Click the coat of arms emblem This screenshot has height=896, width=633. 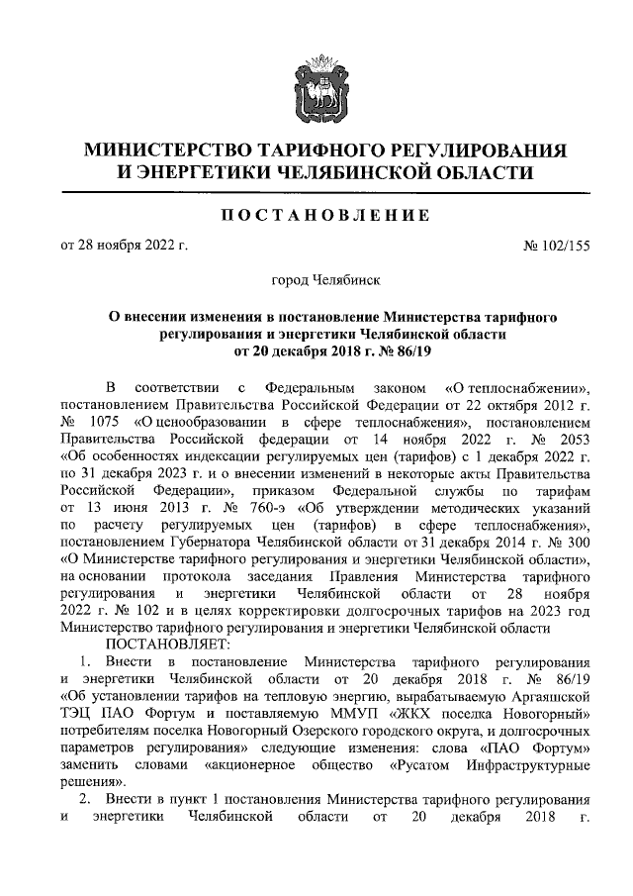(316, 88)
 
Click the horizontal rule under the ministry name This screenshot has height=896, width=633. (316, 191)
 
